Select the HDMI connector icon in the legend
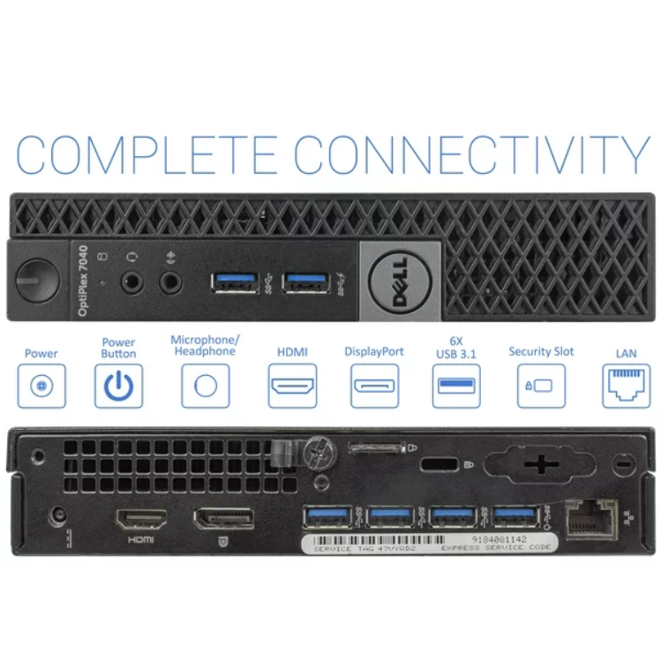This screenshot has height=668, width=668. (x=292, y=386)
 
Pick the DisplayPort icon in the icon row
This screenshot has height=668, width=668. (x=374, y=386)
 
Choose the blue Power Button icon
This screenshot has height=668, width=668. (x=118, y=386)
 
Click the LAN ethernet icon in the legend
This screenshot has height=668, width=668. (x=626, y=386)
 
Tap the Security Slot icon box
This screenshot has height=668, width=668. (x=541, y=386)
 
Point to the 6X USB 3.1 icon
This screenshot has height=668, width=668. (x=456, y=386)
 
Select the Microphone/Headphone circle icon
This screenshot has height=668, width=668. (x=205, y=386)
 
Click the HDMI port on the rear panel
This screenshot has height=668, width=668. (x=141, y=519)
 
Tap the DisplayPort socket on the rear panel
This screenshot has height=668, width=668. (x=224, y=518)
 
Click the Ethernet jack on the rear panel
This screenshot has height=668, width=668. (x=590, y=518)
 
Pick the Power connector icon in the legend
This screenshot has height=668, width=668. (x=41, y=386)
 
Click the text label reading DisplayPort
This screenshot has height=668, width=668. (x=374, y=351)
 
